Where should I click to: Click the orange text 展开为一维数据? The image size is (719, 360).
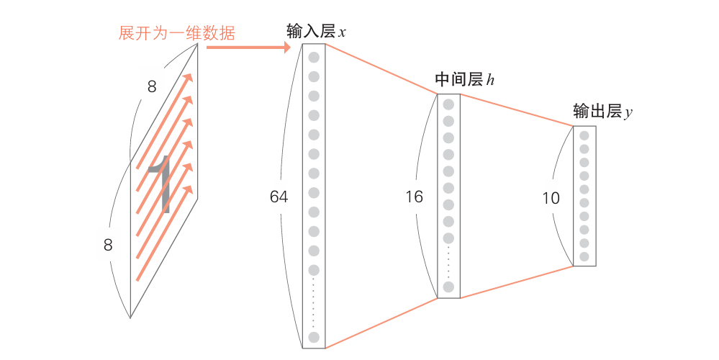(x=176, y=33)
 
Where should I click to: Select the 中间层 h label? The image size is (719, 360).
(x=464, y=80)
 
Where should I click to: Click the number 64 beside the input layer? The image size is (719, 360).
(x=279, y=196)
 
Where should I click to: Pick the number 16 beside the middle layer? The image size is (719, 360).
(x=414, y=196)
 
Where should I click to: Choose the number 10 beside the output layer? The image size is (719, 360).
(x=551, y=197)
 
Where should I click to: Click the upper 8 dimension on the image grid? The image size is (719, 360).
(x=152, y=87)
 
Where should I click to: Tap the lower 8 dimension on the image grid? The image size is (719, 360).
(x=108, y=245)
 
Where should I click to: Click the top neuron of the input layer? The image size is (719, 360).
(x=314, y=57)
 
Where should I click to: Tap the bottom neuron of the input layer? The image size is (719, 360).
(x=314, y=337)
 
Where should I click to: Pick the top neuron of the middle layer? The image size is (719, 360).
(x=448, y=104)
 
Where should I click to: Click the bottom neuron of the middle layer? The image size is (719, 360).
(x=448, y=287)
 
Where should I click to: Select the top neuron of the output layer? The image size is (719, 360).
(x=584, y=135)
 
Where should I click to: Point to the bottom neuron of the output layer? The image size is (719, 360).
(x=584, y=256)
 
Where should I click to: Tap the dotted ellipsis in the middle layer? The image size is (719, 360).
(x=448, y=262)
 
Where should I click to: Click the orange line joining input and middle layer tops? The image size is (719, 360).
(x=381, y=69)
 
